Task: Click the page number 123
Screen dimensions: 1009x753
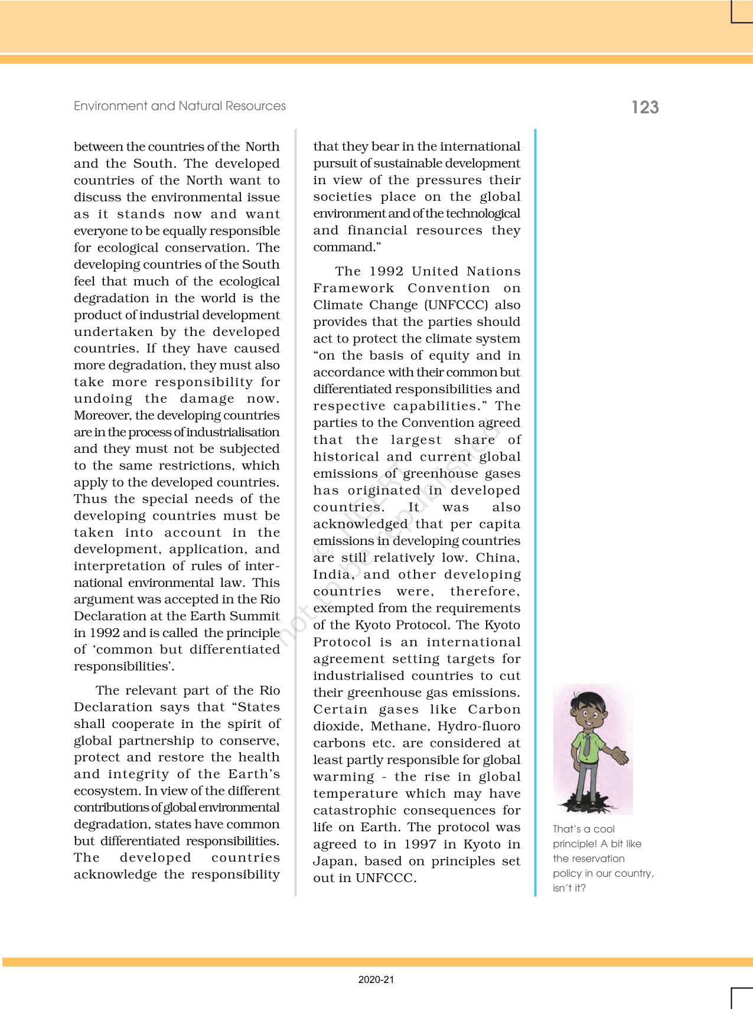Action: [x=645, y=107]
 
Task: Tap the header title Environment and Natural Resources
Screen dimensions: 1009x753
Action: [x=180, y=106]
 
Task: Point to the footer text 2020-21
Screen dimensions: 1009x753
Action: [x=376, y=979]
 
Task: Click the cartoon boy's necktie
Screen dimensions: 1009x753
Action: [x=586, y=746]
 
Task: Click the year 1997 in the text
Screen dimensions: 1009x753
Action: [x=421, y=844]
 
